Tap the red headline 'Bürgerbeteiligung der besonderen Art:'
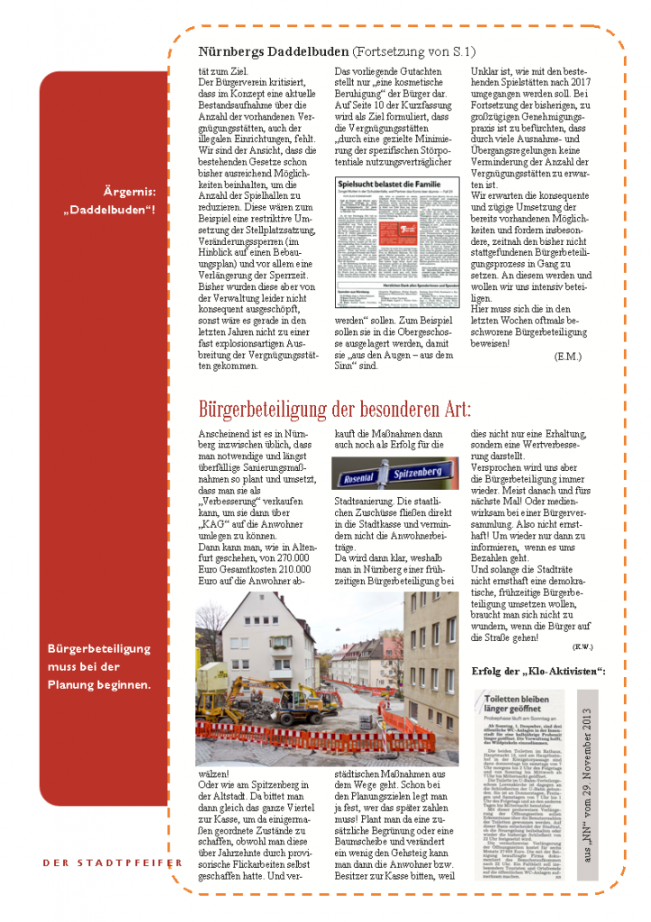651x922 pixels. pyautogui.click(x=347, y=410)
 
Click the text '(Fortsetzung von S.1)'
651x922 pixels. pyautogui.click(x=405, y=53)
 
